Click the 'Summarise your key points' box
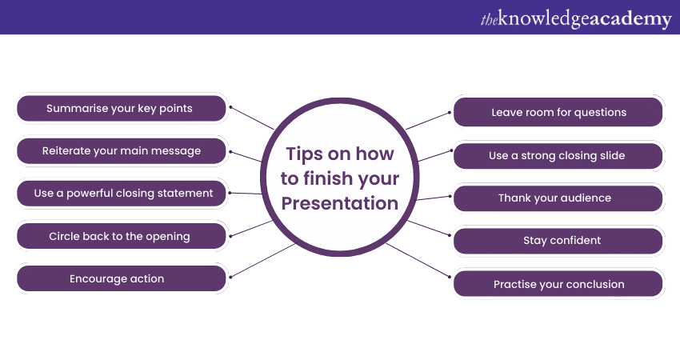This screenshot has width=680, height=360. click(122, 109)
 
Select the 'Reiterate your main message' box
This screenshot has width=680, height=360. click(122, 151)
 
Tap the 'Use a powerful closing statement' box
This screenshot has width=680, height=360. click(122, 194)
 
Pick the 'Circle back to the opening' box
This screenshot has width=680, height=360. click(122, 236)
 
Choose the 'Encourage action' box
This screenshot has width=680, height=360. click(122, 278)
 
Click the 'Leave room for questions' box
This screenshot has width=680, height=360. click(558, 112)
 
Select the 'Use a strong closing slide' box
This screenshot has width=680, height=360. click(558, 156)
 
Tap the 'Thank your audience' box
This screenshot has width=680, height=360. click(558, 198)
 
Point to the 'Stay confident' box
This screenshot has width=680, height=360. click(558, 241)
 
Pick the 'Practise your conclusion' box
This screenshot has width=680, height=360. click(558, 284)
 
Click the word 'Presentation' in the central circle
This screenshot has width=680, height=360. click(339, 203)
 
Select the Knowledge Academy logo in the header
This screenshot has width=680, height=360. click(576, 18)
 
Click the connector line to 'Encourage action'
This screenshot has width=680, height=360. click(263, 261)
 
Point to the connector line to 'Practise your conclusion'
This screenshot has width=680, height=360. click(418, 260)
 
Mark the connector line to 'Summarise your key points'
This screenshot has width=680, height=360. click(252, 118)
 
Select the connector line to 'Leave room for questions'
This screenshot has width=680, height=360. click(429, 121)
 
